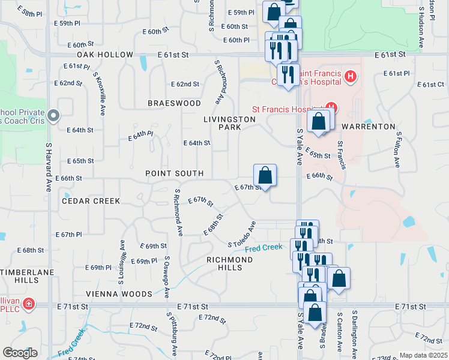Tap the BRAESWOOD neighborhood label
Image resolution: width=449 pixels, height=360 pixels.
[x=174, y=103]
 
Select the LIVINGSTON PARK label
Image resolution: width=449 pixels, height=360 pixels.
[x=229, y=123]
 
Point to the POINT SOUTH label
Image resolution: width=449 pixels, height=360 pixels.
[x=174, y=173]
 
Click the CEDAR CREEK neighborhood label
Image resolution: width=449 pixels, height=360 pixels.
[x=91, y=201]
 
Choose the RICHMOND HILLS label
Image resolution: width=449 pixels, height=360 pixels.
[x=229, y=263]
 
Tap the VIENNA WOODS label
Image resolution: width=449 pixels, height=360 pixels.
[x=118, y=294]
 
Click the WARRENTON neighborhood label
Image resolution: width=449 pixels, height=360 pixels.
[x=369, y=127]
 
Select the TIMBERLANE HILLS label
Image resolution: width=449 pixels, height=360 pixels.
[x=27, y=276]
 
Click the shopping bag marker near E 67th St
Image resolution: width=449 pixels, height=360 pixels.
[x=265, y=176]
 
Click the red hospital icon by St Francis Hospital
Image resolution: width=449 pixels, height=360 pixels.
[x=330, y=109]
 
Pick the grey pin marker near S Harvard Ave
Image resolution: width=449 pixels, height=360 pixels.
[x=53, y=115]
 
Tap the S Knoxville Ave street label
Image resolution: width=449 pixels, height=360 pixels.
[x=99, y=94]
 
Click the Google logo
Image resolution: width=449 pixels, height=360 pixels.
[x=20, y=353]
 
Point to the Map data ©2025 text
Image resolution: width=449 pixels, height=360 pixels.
[x=423, y=355]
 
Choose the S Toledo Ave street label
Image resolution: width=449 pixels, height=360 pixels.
[x=243, y=234]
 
